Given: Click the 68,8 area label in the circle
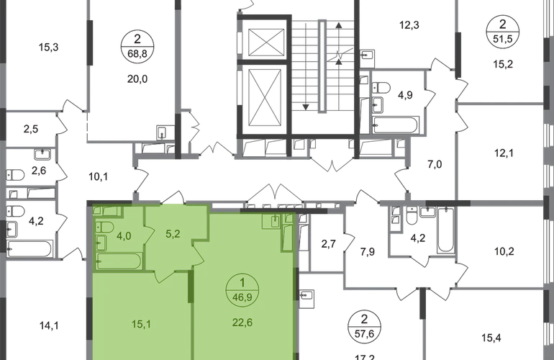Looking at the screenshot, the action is [x=137, y=53].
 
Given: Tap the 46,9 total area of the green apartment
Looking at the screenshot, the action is [x=242, y=297].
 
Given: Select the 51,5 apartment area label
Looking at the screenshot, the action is [x=502, y=39].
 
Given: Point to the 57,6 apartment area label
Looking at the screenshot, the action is [x=364, y=333].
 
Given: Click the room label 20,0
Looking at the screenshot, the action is [x=137, y=79].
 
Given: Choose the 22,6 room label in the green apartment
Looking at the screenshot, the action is [x=242, y=323].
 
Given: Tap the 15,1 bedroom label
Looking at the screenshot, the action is [x=141, y=324].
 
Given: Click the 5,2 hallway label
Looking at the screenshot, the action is [x=173, y=234].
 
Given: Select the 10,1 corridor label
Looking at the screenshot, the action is [x=99, y=176].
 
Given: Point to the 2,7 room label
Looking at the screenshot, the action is [x=328, y=244].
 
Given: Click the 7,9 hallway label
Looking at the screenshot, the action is [x=368, y=252].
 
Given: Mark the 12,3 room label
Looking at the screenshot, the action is [x=409, y=25].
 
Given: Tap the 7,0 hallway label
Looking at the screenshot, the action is [x=435, y=164].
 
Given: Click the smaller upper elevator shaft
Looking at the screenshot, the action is [x=266, y=42].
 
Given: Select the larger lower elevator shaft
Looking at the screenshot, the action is [x=266, y=97].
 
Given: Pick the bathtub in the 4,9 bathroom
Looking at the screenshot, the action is [x=396, y=125].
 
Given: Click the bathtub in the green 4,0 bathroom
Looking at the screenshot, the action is [x=119, y=261].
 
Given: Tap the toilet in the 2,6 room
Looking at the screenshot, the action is [x=15, y=175].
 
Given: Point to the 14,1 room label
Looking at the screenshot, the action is [x=49, y=325].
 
